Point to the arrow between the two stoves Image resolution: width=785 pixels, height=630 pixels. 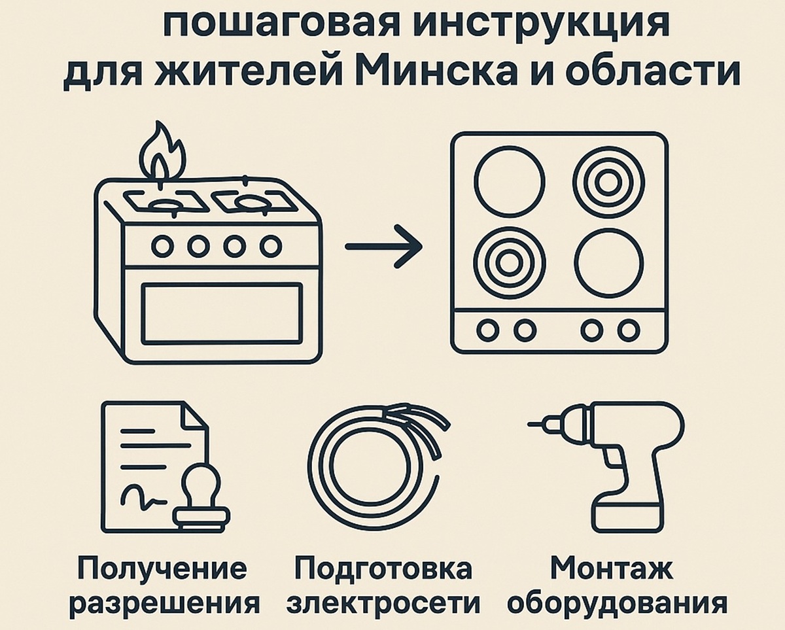[383, 247]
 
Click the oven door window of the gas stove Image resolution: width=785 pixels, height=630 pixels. [222, 313]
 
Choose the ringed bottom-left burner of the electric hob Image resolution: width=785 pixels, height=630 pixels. [506, 263]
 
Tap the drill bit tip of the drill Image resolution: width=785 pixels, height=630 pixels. [535, 423]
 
